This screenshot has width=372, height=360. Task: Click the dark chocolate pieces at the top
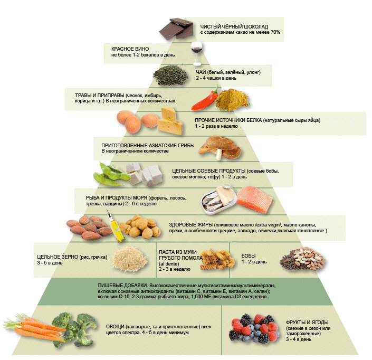point(176,28)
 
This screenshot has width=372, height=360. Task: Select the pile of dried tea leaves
point(170,75)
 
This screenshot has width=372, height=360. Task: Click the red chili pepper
point(205,100)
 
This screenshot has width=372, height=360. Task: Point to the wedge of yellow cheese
point(170,121)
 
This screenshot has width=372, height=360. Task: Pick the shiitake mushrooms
point(220,147)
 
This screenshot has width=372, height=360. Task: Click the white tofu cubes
point(145,174)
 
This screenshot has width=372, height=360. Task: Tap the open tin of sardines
point(219,200)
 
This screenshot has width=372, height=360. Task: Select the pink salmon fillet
point(254,199)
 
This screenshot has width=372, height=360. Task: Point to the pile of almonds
point(89,228)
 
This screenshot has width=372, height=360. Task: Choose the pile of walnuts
point(140,226)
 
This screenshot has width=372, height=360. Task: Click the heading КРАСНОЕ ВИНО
point(130,49)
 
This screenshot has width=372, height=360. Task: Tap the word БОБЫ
point(249,256)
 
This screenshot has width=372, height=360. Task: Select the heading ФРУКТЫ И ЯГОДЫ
point(307,323)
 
